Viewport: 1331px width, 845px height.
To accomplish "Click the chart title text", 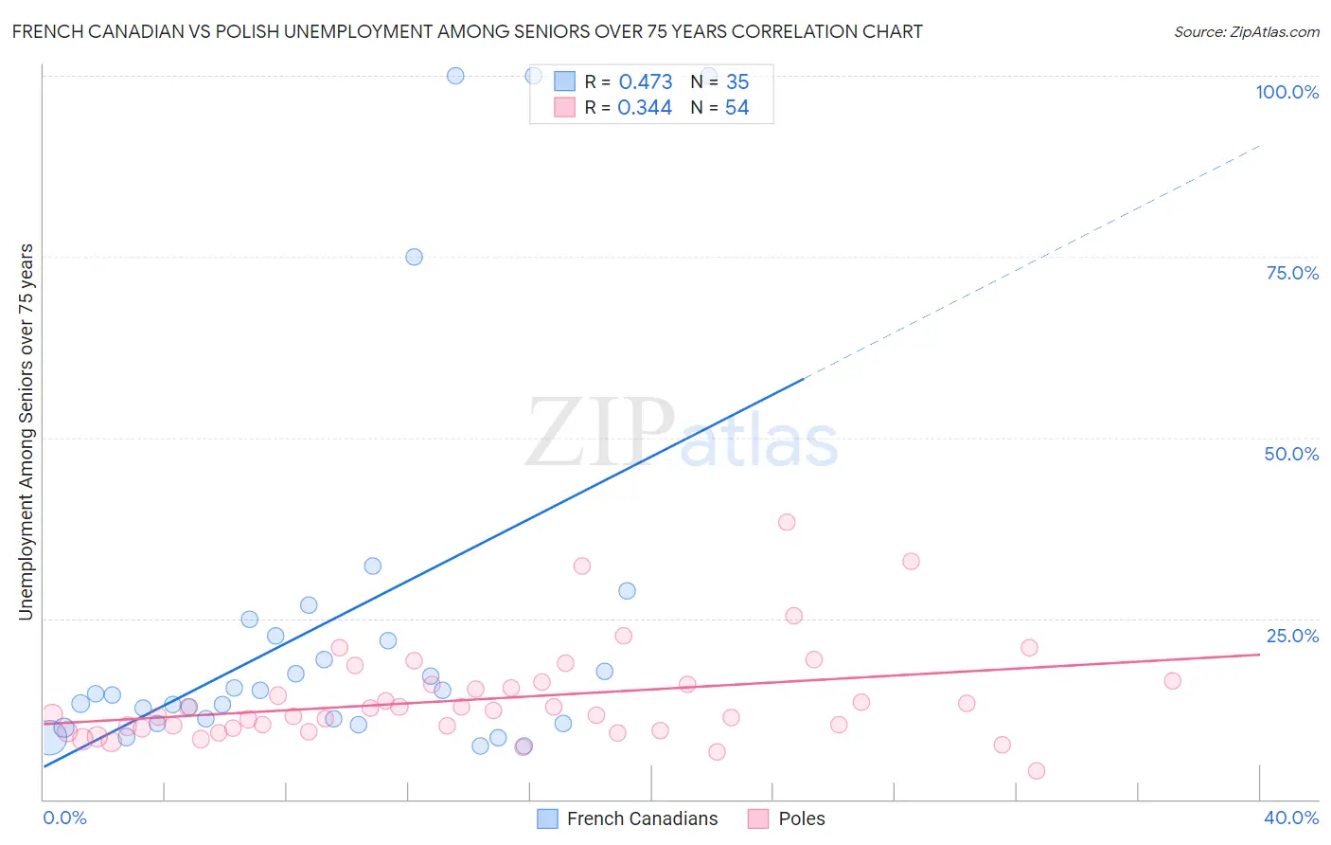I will pos(467,31).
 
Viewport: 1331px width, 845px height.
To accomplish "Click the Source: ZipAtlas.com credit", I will pos(1246,32).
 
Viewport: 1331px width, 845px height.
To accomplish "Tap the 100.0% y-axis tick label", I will pos(1287,92).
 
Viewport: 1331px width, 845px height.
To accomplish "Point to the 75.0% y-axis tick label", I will pos(1292,273).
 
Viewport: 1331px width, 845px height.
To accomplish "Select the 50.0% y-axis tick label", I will pos(1291,454).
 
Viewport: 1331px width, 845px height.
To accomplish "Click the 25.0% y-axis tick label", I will pos(1292,636).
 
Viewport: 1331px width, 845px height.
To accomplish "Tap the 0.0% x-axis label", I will pos(64,818).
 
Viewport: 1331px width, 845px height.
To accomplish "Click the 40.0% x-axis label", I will pos(1290,818).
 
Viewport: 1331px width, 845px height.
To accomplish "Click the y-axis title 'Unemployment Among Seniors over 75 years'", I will pos(27,432).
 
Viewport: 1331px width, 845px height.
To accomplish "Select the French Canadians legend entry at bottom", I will pos(629,818).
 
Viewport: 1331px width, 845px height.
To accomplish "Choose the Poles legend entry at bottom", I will pos(788,818).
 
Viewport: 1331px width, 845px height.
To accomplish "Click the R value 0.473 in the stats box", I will pos(646,82).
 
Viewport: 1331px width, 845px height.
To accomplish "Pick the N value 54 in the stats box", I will pos(736,108).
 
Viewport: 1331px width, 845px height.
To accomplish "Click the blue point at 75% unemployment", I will pos(414,257).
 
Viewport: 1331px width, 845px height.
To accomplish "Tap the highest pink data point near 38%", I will pos(787,522).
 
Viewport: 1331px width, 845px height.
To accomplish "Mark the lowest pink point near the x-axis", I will pos(1037,771).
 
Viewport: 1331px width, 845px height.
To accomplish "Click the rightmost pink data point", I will pos(1173,680).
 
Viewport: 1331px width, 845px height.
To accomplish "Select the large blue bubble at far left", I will pos(49,736).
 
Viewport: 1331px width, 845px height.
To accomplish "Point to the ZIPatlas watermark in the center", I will pos(682,435).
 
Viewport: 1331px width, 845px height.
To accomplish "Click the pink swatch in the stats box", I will pos(564,108).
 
